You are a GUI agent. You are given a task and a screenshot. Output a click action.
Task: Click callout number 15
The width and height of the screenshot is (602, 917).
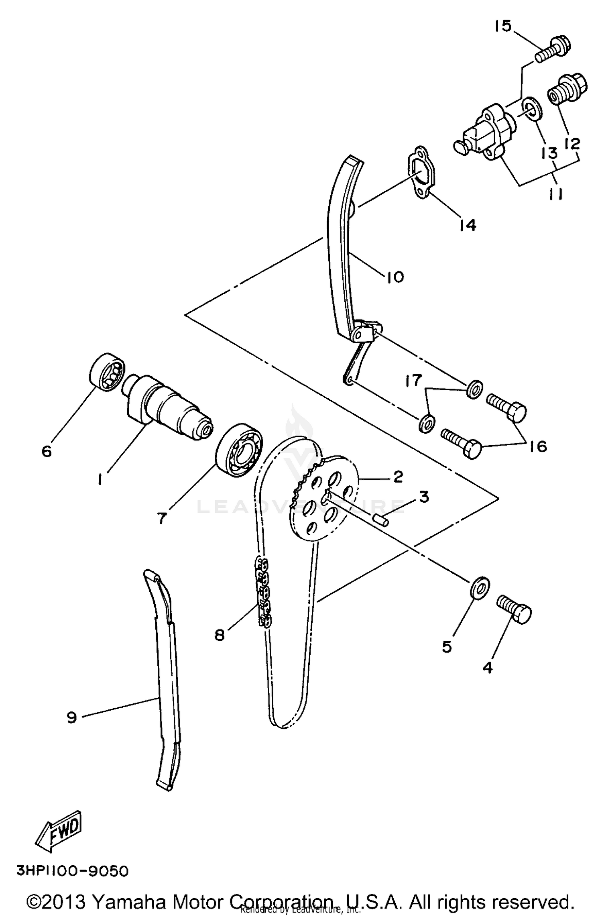[503, 26]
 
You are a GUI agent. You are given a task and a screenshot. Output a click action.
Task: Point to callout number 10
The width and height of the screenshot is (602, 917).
[395, 277]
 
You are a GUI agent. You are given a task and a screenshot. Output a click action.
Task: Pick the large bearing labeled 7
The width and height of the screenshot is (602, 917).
[239, 450]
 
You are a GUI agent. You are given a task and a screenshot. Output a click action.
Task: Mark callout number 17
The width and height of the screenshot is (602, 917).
[413, 380]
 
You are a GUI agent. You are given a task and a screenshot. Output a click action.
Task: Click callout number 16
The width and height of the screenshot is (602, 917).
[538, 446]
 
